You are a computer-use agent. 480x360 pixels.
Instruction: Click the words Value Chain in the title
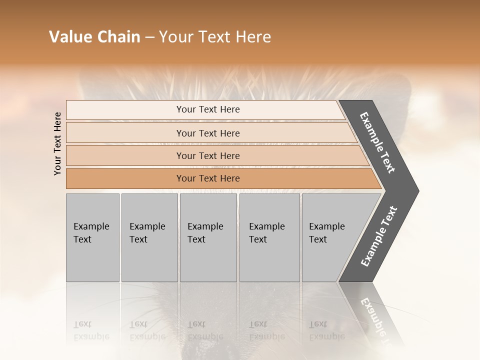[94, 37]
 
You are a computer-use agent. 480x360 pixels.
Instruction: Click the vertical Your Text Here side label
[57, 143]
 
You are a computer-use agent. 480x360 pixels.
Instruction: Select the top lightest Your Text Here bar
[208, 109]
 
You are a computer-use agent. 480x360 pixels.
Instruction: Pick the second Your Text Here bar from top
[208, 133]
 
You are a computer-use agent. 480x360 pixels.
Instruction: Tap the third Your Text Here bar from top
[208, 155]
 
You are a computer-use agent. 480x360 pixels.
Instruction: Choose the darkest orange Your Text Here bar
[208, 178]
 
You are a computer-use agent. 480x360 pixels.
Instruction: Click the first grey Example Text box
[92, 237]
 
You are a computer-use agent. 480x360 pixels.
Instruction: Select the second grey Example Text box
[149, 237]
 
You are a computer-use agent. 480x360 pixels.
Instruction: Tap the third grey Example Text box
[208, 237]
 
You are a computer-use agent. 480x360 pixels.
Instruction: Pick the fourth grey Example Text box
[269, 237]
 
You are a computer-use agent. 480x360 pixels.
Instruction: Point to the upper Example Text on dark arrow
[377, 142]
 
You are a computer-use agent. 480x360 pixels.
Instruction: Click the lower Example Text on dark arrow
[379, 236]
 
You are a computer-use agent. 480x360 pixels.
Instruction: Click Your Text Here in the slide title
[215, 37]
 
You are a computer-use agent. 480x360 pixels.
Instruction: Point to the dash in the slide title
[149, 37]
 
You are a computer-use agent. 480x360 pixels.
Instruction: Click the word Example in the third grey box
[205, 226]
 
